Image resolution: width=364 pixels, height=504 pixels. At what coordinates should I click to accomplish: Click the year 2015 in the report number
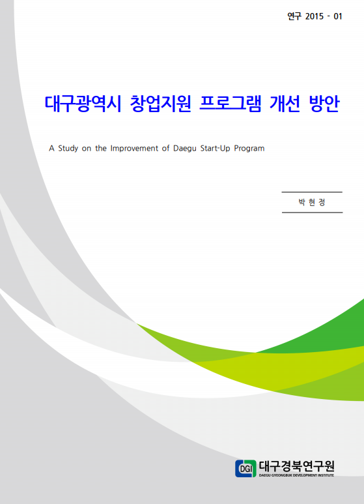315,16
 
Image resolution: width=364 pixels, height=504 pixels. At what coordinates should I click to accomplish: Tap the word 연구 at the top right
294,16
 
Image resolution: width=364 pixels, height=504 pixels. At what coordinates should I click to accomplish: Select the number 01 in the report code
338,16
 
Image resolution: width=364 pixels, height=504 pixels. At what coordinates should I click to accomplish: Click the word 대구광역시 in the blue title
83,104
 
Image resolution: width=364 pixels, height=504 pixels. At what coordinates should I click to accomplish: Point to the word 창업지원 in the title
160,104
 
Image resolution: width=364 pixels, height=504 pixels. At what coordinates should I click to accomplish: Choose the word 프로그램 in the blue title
230,104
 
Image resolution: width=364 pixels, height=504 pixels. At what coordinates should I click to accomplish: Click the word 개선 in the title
285,104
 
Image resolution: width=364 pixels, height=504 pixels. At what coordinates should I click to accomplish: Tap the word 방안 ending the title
324,104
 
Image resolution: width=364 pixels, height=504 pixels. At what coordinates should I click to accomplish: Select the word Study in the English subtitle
68,149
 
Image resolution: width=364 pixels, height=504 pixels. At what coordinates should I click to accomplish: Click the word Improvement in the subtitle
134,149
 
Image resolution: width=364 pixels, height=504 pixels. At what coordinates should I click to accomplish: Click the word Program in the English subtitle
249,149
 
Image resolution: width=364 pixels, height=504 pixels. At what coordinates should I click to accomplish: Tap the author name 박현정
312,202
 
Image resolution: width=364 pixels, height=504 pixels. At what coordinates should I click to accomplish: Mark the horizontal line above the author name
312,192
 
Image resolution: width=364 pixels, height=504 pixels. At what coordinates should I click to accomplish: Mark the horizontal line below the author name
312,213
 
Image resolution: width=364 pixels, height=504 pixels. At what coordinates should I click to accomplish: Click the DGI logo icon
245,468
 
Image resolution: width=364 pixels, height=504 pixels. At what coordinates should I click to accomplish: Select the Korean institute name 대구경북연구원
296,466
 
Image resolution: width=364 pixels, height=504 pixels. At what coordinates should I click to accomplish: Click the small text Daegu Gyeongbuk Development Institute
296,475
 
